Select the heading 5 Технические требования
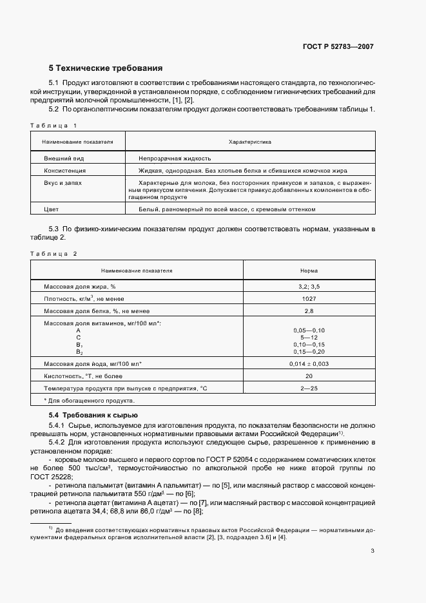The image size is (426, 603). pyautogui.click(x=106, y=68)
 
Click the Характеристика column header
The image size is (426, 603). pyautogui.click(x=249, y=141)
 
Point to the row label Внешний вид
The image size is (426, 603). pyautogui.click(x=64, y=158)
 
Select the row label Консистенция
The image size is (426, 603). pyautogui.click(x=64, y=171)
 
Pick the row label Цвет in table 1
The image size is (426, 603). pyautogui.click(x=51, y=209)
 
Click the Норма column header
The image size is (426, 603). pyautogui.click(x=309, y=271)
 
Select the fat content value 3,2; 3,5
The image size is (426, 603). pyautogui.click(x=309, y=287)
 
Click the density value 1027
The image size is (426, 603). pyautogui.click(x=309, y=299)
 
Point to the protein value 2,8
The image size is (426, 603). pyautogui.click(x=309, y=311)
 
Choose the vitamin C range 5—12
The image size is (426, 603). pyautogui.click(x=309, y=337)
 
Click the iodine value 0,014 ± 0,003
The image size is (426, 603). pyautogui.click(x=309, y=364)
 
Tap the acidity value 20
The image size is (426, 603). pyautogui.click(x=309, y=376)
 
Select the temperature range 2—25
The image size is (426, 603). pyautogui.click(x=309, y=388)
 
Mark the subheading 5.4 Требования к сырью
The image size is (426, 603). pyautogui.click(x=93, y=415)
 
